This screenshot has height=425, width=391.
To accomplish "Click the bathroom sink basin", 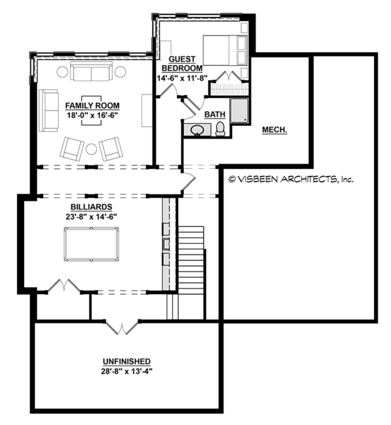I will tap(196, 130).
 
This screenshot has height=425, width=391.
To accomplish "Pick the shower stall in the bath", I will tap(240, 111).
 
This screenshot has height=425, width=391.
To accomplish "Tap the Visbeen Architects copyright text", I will tap(291, 178).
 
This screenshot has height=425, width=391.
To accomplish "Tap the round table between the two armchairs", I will tap(91, 149).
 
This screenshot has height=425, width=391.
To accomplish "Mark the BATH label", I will tap(215, 115).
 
